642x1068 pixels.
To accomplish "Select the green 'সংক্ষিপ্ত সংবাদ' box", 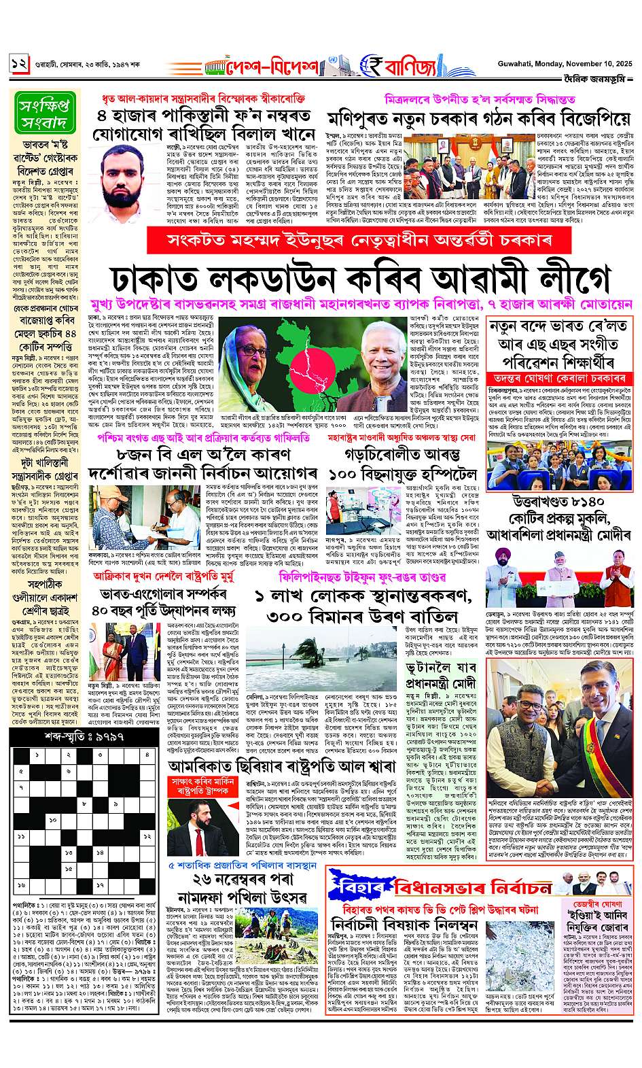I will tap(41, 114).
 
